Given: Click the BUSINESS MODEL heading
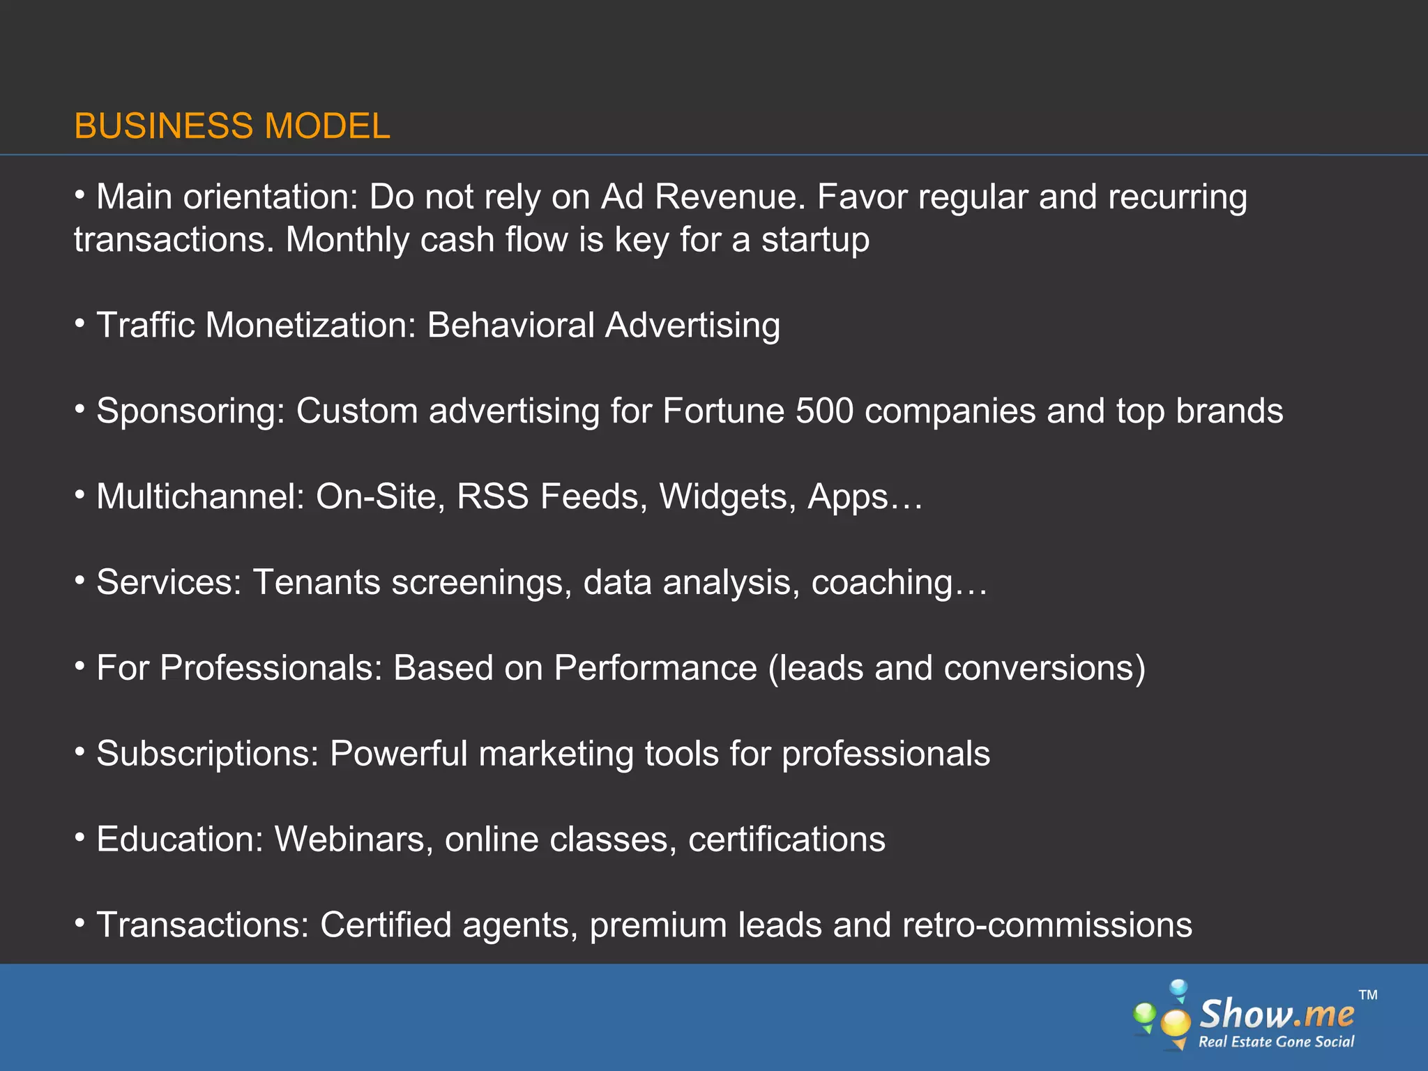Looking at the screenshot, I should click(x=231, y=126).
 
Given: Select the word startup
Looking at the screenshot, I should click(x=815, y=241).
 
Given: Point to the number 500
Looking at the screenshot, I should click(x=824, y=411).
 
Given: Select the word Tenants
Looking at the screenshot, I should click(x=316, y=582).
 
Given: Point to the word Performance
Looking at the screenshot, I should click(x=655, y=668).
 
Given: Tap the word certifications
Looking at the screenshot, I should click(x=787, y=840).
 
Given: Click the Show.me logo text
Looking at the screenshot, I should click(x=1276, y=1014).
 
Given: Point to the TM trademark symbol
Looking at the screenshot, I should click(x=1368, y=995).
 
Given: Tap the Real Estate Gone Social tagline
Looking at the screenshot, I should click(x=1276, y=1042).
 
